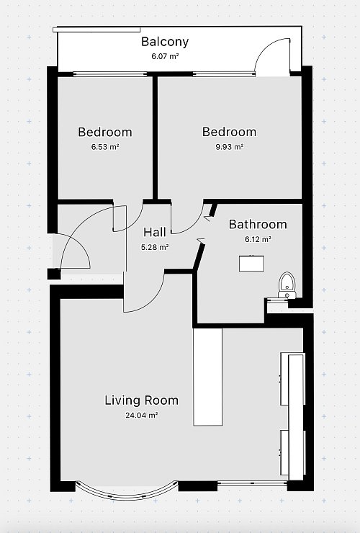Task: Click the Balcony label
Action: point(165,42)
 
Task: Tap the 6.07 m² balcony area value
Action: point(165,56)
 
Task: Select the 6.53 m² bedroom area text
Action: point(105,147)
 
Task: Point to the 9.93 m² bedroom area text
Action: point(230,147)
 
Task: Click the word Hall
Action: point(155,232)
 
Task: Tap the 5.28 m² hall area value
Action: point(155,247)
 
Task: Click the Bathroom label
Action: point(258,224)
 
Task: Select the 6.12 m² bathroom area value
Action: point(258,239)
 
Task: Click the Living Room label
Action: point(141,400)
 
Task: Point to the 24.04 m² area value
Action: point(142,415)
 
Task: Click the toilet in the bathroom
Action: point(287,285)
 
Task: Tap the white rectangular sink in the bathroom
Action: point(251,264)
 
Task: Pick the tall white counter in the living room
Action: point(207,377)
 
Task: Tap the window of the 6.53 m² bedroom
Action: point(110,73)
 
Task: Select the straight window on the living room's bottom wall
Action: point(252,483)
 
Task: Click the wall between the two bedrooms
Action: point(155,138)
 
